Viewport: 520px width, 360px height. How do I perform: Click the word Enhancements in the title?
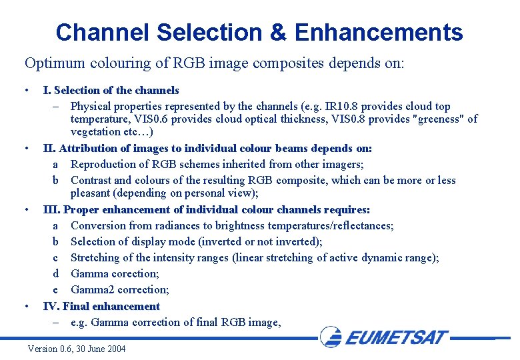click(x=378, y=32)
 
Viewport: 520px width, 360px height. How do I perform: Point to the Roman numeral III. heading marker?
click(x=51, y=209)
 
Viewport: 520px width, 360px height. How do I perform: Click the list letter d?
click(x=57, y=273)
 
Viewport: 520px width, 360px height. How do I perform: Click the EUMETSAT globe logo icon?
click(x=331, y=336)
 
